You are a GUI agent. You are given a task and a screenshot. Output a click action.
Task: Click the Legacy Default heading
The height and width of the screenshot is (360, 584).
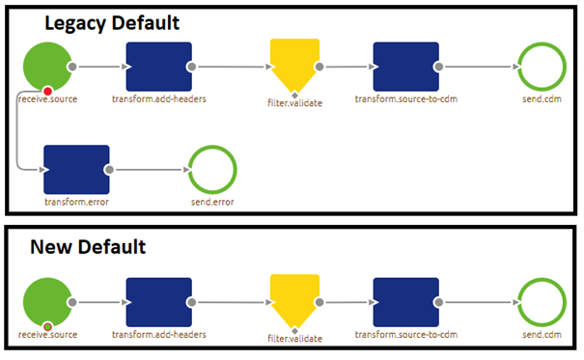pyautogui.click(x=114, y=22)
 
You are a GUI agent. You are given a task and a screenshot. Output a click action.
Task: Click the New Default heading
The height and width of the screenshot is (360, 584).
pyautogui.click(x=89, y=247)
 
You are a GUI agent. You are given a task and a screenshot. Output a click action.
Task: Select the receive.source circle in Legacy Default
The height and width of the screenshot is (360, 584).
pyautogui.click(x=47, y=66)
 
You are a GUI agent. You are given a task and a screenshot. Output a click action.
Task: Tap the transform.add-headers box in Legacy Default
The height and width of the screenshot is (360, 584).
pyautogui.click(x=158, y=66)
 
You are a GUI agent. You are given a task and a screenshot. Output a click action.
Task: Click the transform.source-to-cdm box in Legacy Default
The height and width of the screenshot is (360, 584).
pyautogui.click(x=405, y=66)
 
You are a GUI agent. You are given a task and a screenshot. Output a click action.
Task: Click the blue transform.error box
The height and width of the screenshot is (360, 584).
pyautogui.click(x=76, y=169)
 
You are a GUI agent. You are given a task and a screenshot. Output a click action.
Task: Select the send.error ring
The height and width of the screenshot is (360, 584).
pyautogui.click(x=212, y=169)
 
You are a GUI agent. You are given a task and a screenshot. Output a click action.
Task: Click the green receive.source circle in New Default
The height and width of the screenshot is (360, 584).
pyautogui.click(x=47, y=299)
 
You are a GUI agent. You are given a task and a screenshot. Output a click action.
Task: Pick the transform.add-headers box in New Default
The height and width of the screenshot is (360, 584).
pyautogui.click(x=158, y=299)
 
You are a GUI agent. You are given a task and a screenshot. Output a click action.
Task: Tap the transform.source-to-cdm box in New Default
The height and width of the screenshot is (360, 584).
pyautogui.click(x=405, y=299)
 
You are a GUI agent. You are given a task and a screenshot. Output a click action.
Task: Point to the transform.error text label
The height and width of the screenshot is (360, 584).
pyautogui.click(x=75, y=203)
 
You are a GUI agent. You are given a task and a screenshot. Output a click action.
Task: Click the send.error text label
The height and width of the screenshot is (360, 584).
pyautogui.click(x=213, y=203)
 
